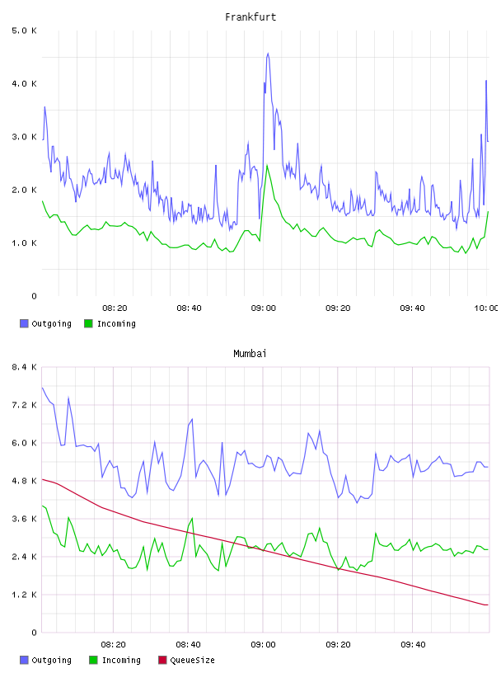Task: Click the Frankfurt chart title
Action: coord(250,17)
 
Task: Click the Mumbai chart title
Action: coord(250,354)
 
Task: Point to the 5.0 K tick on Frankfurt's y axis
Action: coord(25,31)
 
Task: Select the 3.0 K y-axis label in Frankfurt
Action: coord(25,137)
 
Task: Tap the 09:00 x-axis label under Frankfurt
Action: coord(264,308)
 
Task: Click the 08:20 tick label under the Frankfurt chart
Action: coord(115,308)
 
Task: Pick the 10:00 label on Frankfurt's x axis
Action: coord(486,308)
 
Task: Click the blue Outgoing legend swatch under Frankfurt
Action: coord(24,323)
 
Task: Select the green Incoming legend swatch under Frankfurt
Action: coord(88,323)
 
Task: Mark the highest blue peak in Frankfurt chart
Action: coord(268,54)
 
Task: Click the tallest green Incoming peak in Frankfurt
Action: coord(267,165)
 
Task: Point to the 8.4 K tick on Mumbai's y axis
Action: coord(25,367)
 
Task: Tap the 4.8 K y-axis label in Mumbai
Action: coord(25,481)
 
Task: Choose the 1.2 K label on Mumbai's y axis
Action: coord(25,595)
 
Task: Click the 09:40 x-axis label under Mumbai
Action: coord(413,645)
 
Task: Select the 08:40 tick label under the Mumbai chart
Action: coord(189,645)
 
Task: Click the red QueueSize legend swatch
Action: coord(162,660)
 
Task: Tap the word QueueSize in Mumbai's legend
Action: coord(192,660)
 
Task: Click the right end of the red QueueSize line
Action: coord(488,605)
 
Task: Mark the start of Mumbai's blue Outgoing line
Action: coord(42,388)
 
